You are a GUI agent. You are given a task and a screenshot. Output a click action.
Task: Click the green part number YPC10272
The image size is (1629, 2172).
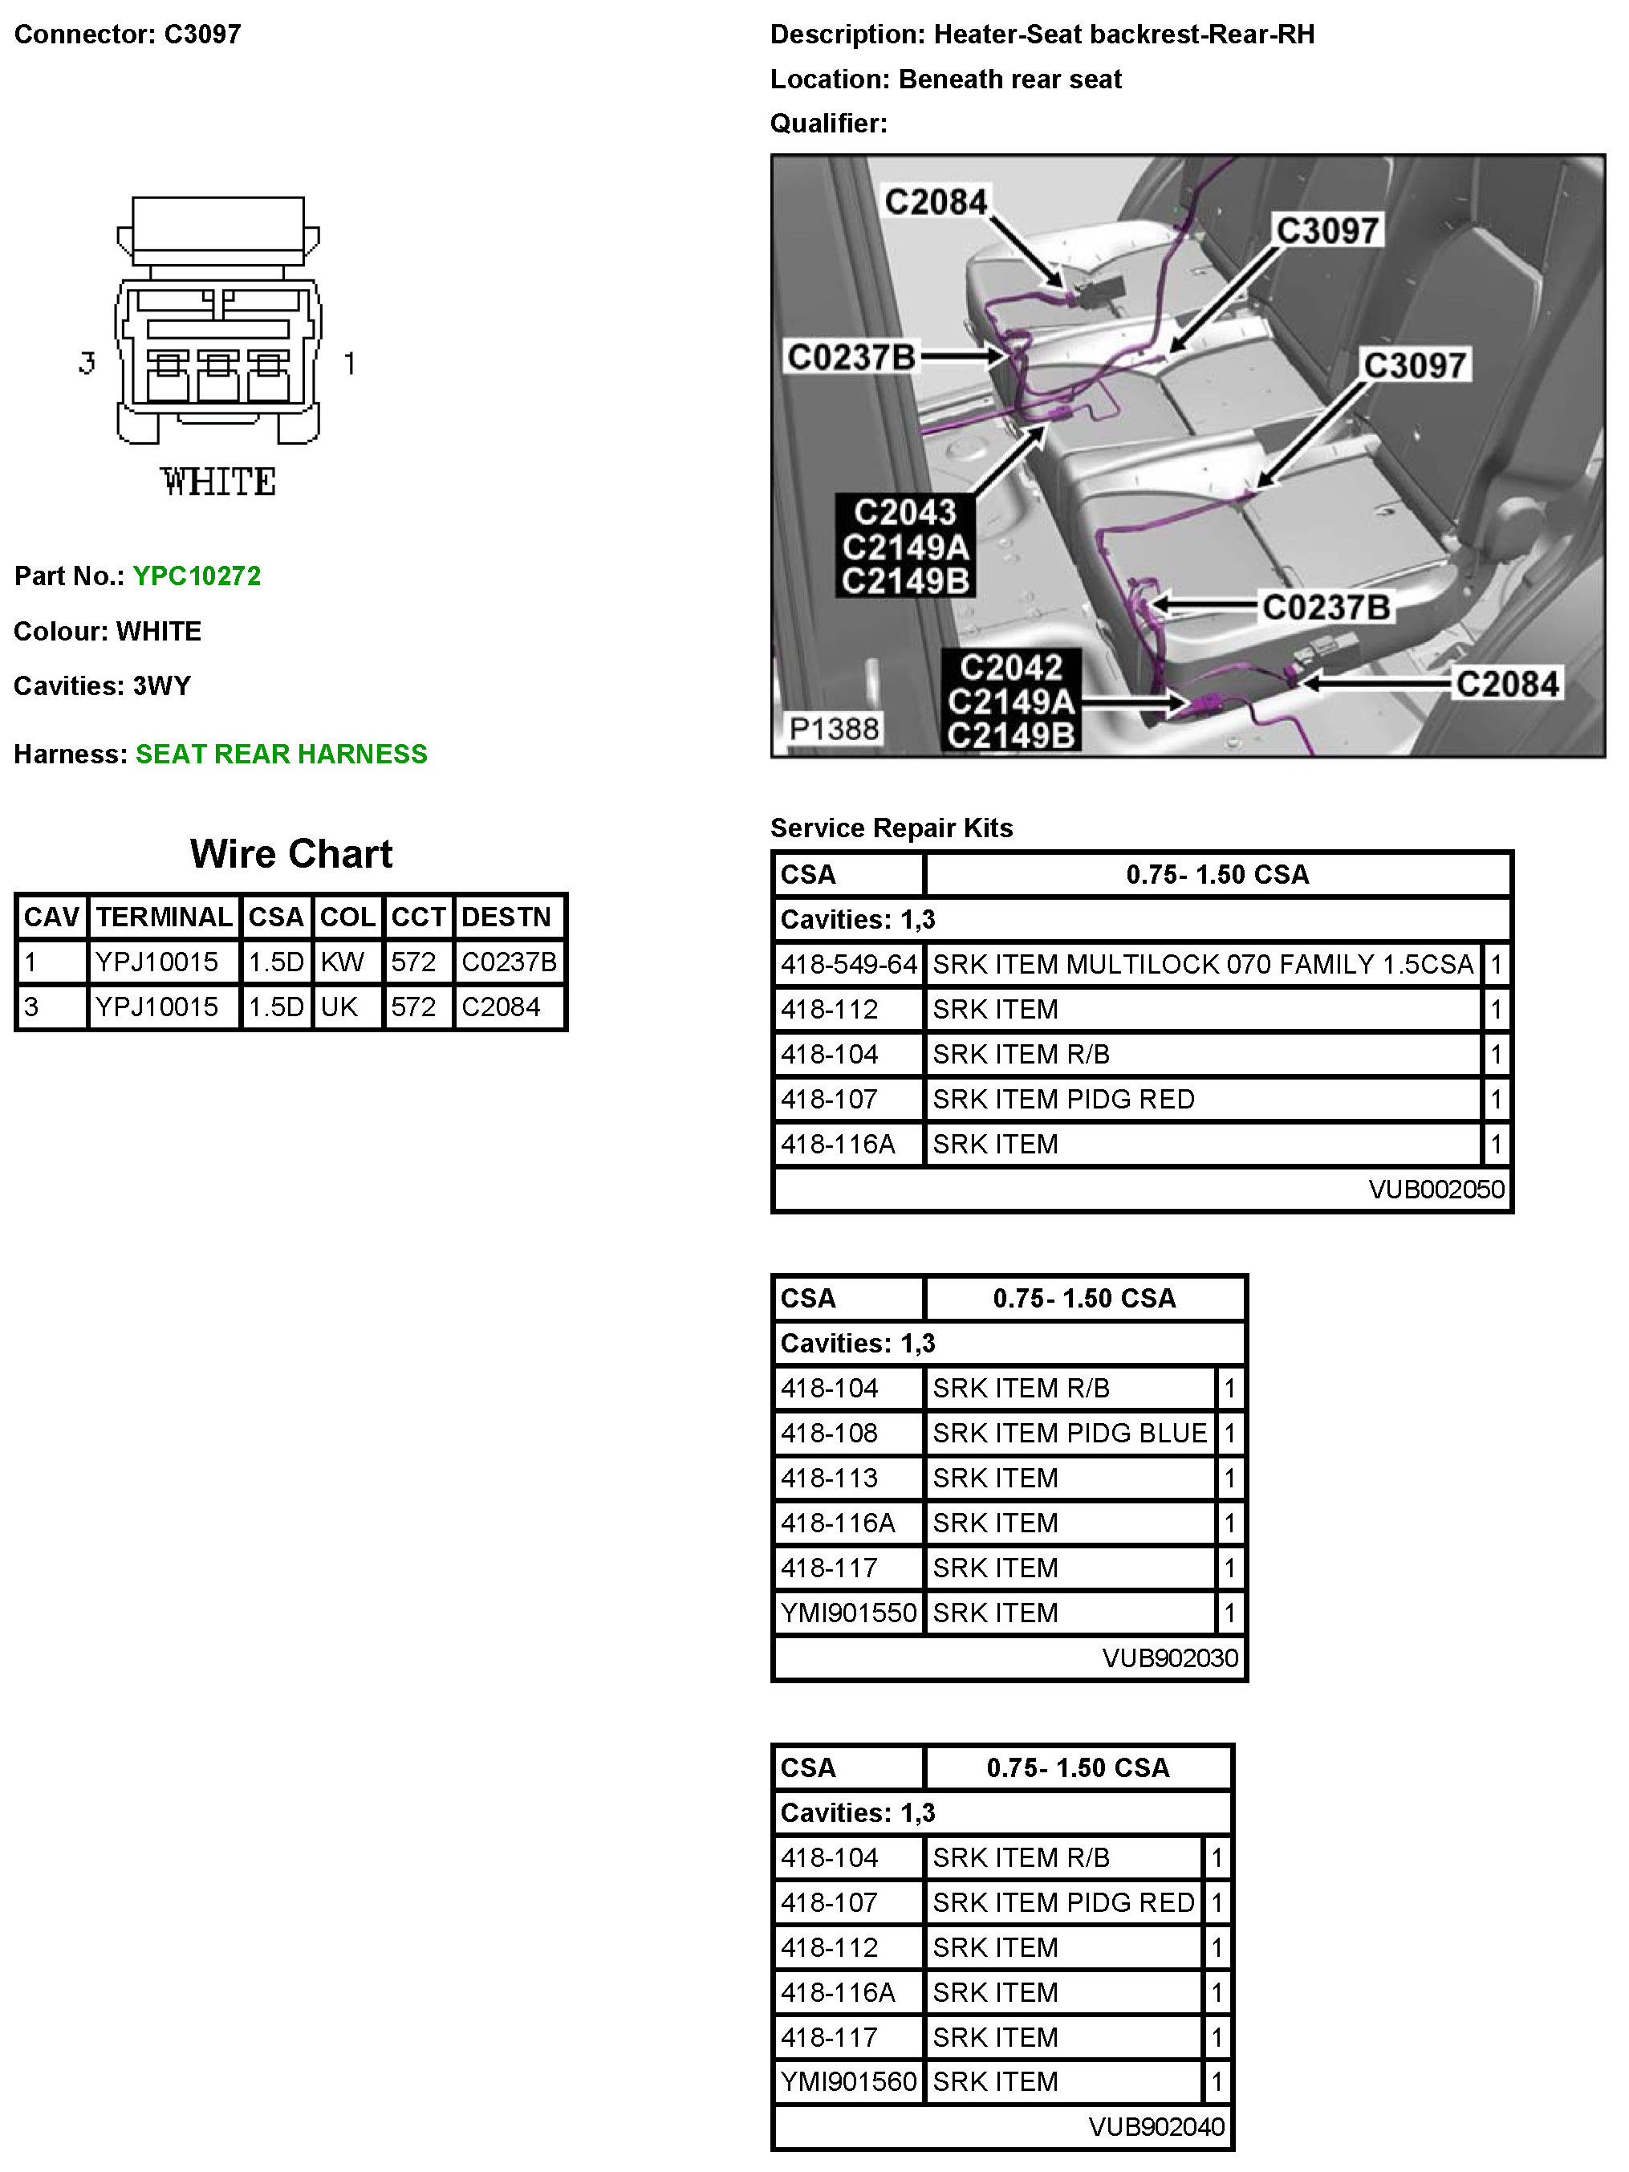(197, 576)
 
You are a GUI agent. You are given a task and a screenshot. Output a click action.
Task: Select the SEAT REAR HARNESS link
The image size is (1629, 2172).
(281, 755)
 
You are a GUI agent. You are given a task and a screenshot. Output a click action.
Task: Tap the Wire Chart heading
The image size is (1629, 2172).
(290, 853)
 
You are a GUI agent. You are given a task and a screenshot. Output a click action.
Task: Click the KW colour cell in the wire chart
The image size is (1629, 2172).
(343, 962)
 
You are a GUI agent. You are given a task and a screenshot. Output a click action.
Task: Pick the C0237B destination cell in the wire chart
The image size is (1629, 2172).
(509, 962)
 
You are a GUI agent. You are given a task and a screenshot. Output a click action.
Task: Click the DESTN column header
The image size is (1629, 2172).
(506, 917)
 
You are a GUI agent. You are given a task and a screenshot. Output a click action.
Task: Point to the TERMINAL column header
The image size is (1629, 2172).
(164, 917)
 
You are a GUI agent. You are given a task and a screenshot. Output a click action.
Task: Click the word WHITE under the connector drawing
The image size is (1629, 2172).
(218, 482)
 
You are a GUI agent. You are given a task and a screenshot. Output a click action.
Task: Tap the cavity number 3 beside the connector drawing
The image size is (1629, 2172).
(87, 364)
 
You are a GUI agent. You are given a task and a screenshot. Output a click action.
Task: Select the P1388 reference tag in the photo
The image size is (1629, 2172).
(834, 729)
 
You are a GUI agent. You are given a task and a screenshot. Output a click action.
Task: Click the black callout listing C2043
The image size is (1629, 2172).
(904, 546)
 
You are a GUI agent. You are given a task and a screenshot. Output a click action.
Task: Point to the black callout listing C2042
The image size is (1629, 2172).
(1010, 701)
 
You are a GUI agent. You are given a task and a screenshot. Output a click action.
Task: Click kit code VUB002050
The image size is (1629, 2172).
(1436, 1189)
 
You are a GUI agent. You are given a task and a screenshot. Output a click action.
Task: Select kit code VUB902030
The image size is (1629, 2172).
(1169, 1657)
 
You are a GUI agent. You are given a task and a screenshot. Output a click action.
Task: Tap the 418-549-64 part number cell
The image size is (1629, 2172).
(848, 964)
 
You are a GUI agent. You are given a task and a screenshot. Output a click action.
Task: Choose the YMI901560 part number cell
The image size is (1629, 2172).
(848, 2080)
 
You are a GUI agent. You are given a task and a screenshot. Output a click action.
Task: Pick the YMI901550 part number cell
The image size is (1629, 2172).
(848, 1613)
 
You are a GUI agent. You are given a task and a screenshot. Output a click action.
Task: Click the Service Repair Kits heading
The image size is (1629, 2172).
(891, 828)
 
